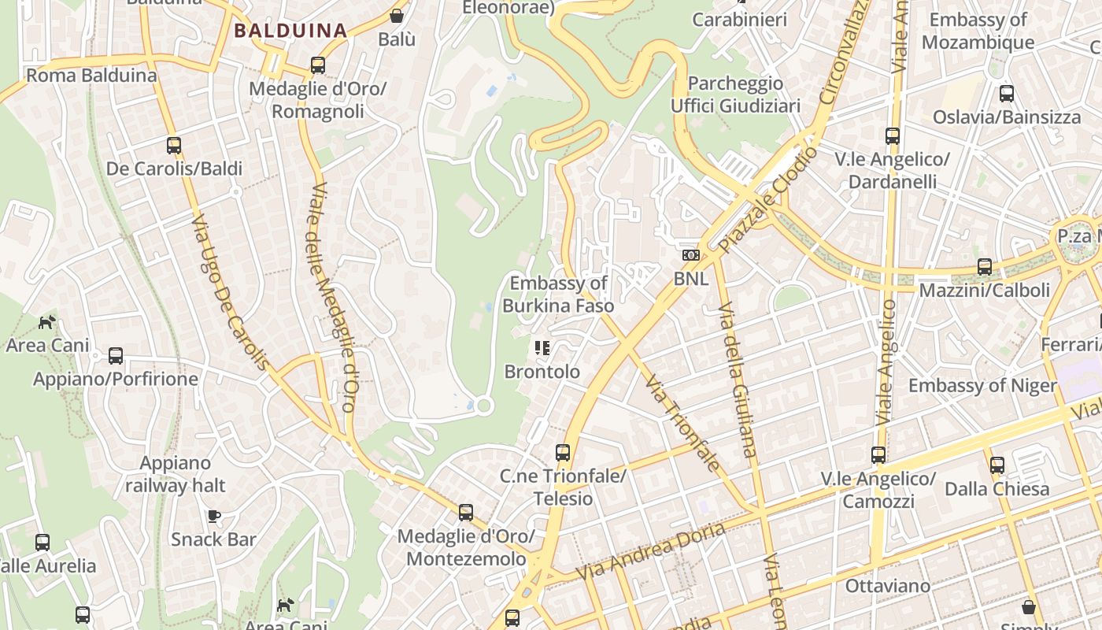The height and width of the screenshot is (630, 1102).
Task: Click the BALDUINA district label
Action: click(290, 31)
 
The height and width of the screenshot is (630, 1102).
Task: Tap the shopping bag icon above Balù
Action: click(397, 16)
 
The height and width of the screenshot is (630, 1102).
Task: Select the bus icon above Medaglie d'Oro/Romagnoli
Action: click(318, 65)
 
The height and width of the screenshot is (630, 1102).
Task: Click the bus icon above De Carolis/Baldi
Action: click(174, 146)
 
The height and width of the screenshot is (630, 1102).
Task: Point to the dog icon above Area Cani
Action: click(47, 322)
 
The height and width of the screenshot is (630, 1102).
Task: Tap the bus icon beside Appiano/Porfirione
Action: click(116, 356)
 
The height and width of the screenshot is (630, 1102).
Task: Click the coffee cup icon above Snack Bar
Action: click(213, 517)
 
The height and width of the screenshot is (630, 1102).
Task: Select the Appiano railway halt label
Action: click(176, 474)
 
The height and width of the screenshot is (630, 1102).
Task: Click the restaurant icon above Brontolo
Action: click(542, 347)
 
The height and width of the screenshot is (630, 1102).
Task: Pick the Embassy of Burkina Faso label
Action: click(558, 295)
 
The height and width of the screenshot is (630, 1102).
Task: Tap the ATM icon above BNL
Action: click(690, 255)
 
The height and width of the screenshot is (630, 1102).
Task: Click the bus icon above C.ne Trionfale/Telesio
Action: click(563, 453)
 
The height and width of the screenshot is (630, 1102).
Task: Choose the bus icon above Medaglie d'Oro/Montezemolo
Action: click(466, 513)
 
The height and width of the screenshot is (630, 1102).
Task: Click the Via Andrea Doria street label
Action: click(651, 552)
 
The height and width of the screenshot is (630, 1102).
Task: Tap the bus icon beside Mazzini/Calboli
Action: click(985, 267)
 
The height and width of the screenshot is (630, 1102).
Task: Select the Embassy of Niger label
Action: click(982, 385)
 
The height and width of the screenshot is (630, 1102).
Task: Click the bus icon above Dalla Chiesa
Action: click(997, 465)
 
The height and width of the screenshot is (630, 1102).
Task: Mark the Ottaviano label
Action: click(887, 586)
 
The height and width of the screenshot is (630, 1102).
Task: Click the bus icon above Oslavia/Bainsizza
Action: click(1007, 94)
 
